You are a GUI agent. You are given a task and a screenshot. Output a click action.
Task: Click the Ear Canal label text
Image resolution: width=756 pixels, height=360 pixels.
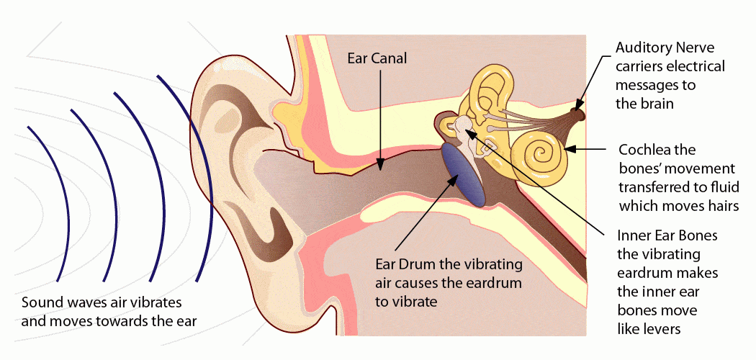click(x=377, y=59)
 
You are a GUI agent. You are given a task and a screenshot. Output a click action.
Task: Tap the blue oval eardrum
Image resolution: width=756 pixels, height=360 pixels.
click(x=463, y=176)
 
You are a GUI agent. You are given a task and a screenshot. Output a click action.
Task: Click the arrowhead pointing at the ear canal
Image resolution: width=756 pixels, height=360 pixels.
click(x=381, y=166)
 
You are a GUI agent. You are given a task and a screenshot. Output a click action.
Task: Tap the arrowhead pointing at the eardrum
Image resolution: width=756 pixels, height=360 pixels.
click(x=454, y=179)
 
